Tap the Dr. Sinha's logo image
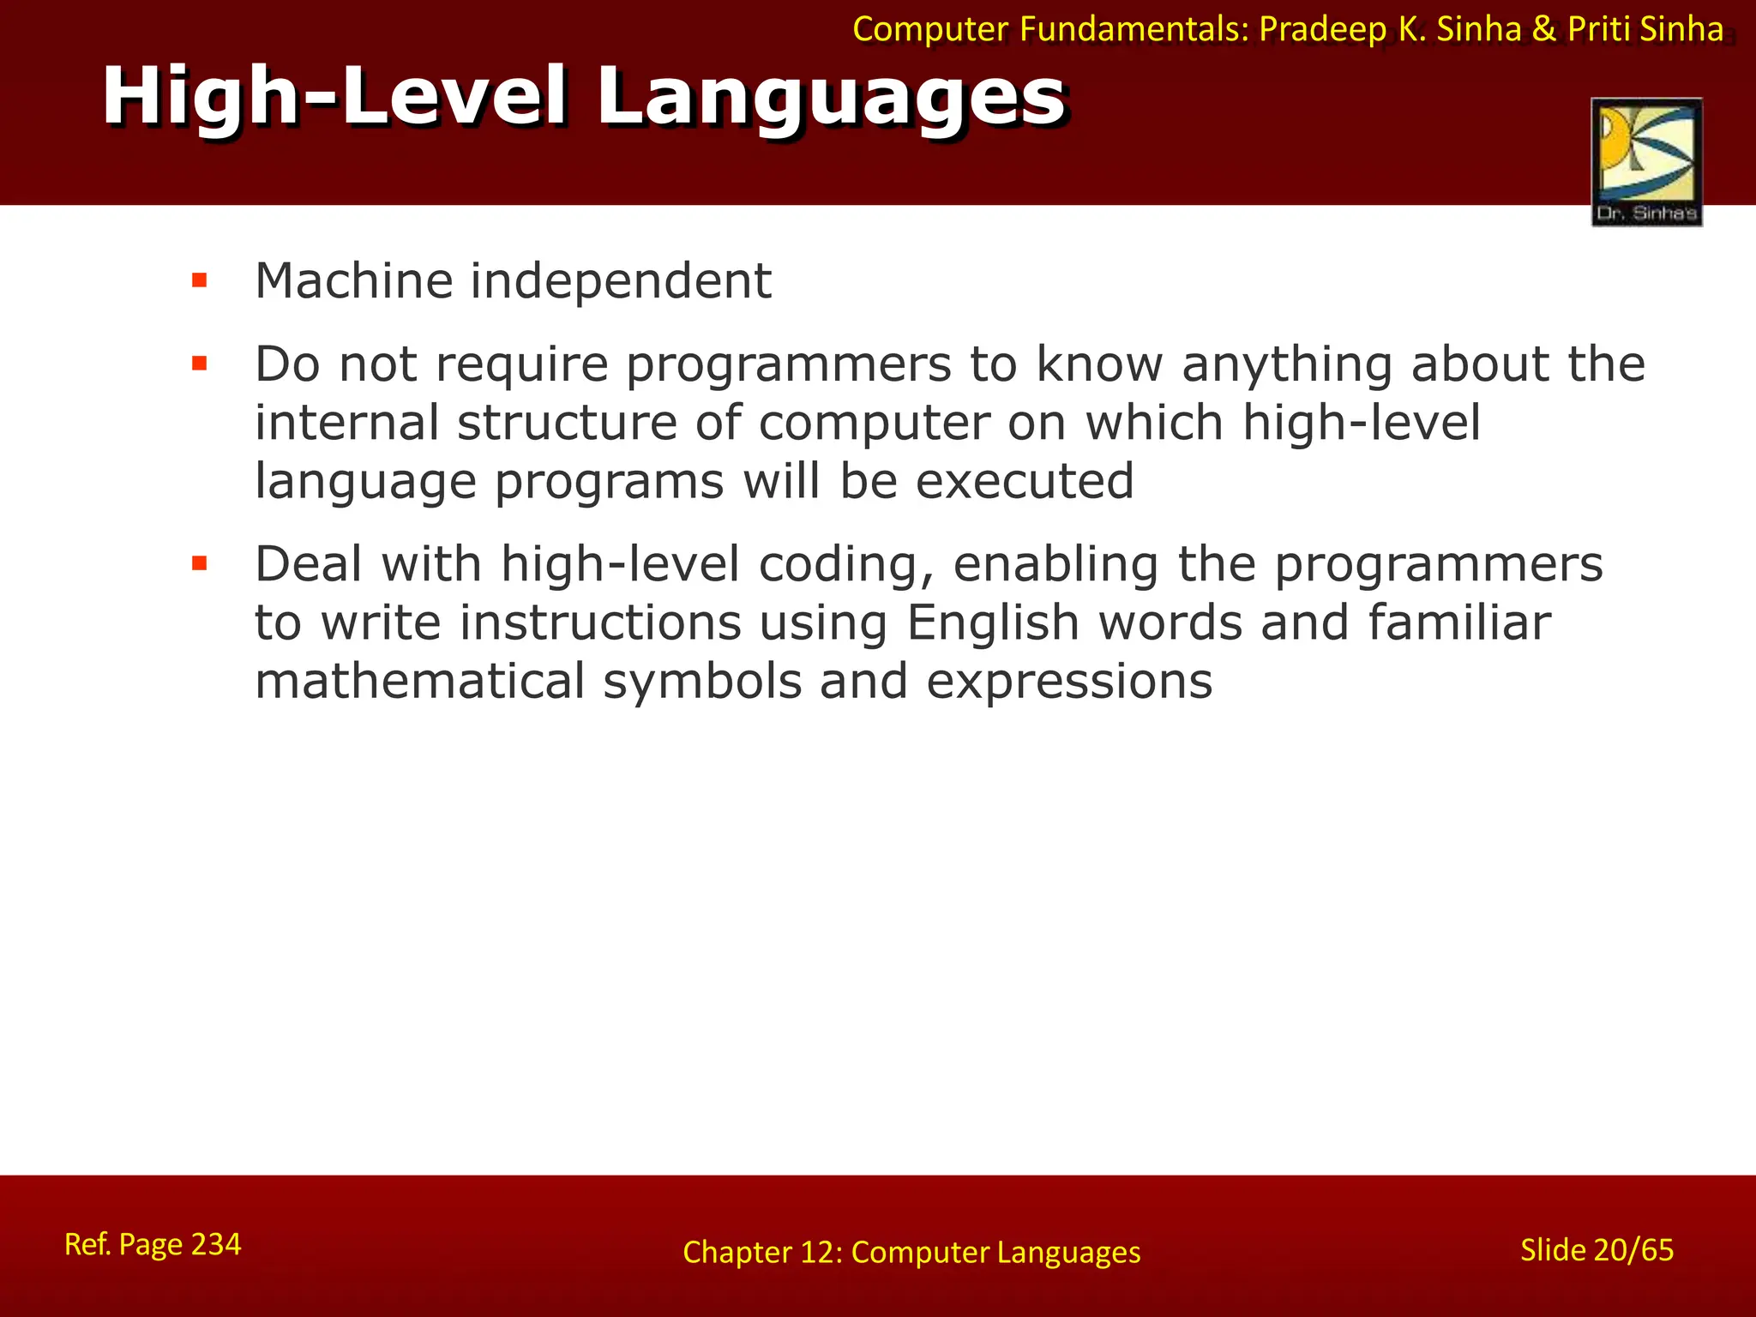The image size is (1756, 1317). [1646, 162]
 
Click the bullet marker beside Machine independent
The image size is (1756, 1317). [200, 280]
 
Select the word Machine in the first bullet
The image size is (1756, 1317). [353, 280]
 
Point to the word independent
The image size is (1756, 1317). [621, 280]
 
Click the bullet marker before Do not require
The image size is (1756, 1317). [200, 364]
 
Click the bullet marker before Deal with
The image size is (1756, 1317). [200, 563]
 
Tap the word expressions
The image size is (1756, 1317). [1069, 683]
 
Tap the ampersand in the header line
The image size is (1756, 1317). [1543, 29]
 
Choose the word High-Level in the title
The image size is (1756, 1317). [334, 98]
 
